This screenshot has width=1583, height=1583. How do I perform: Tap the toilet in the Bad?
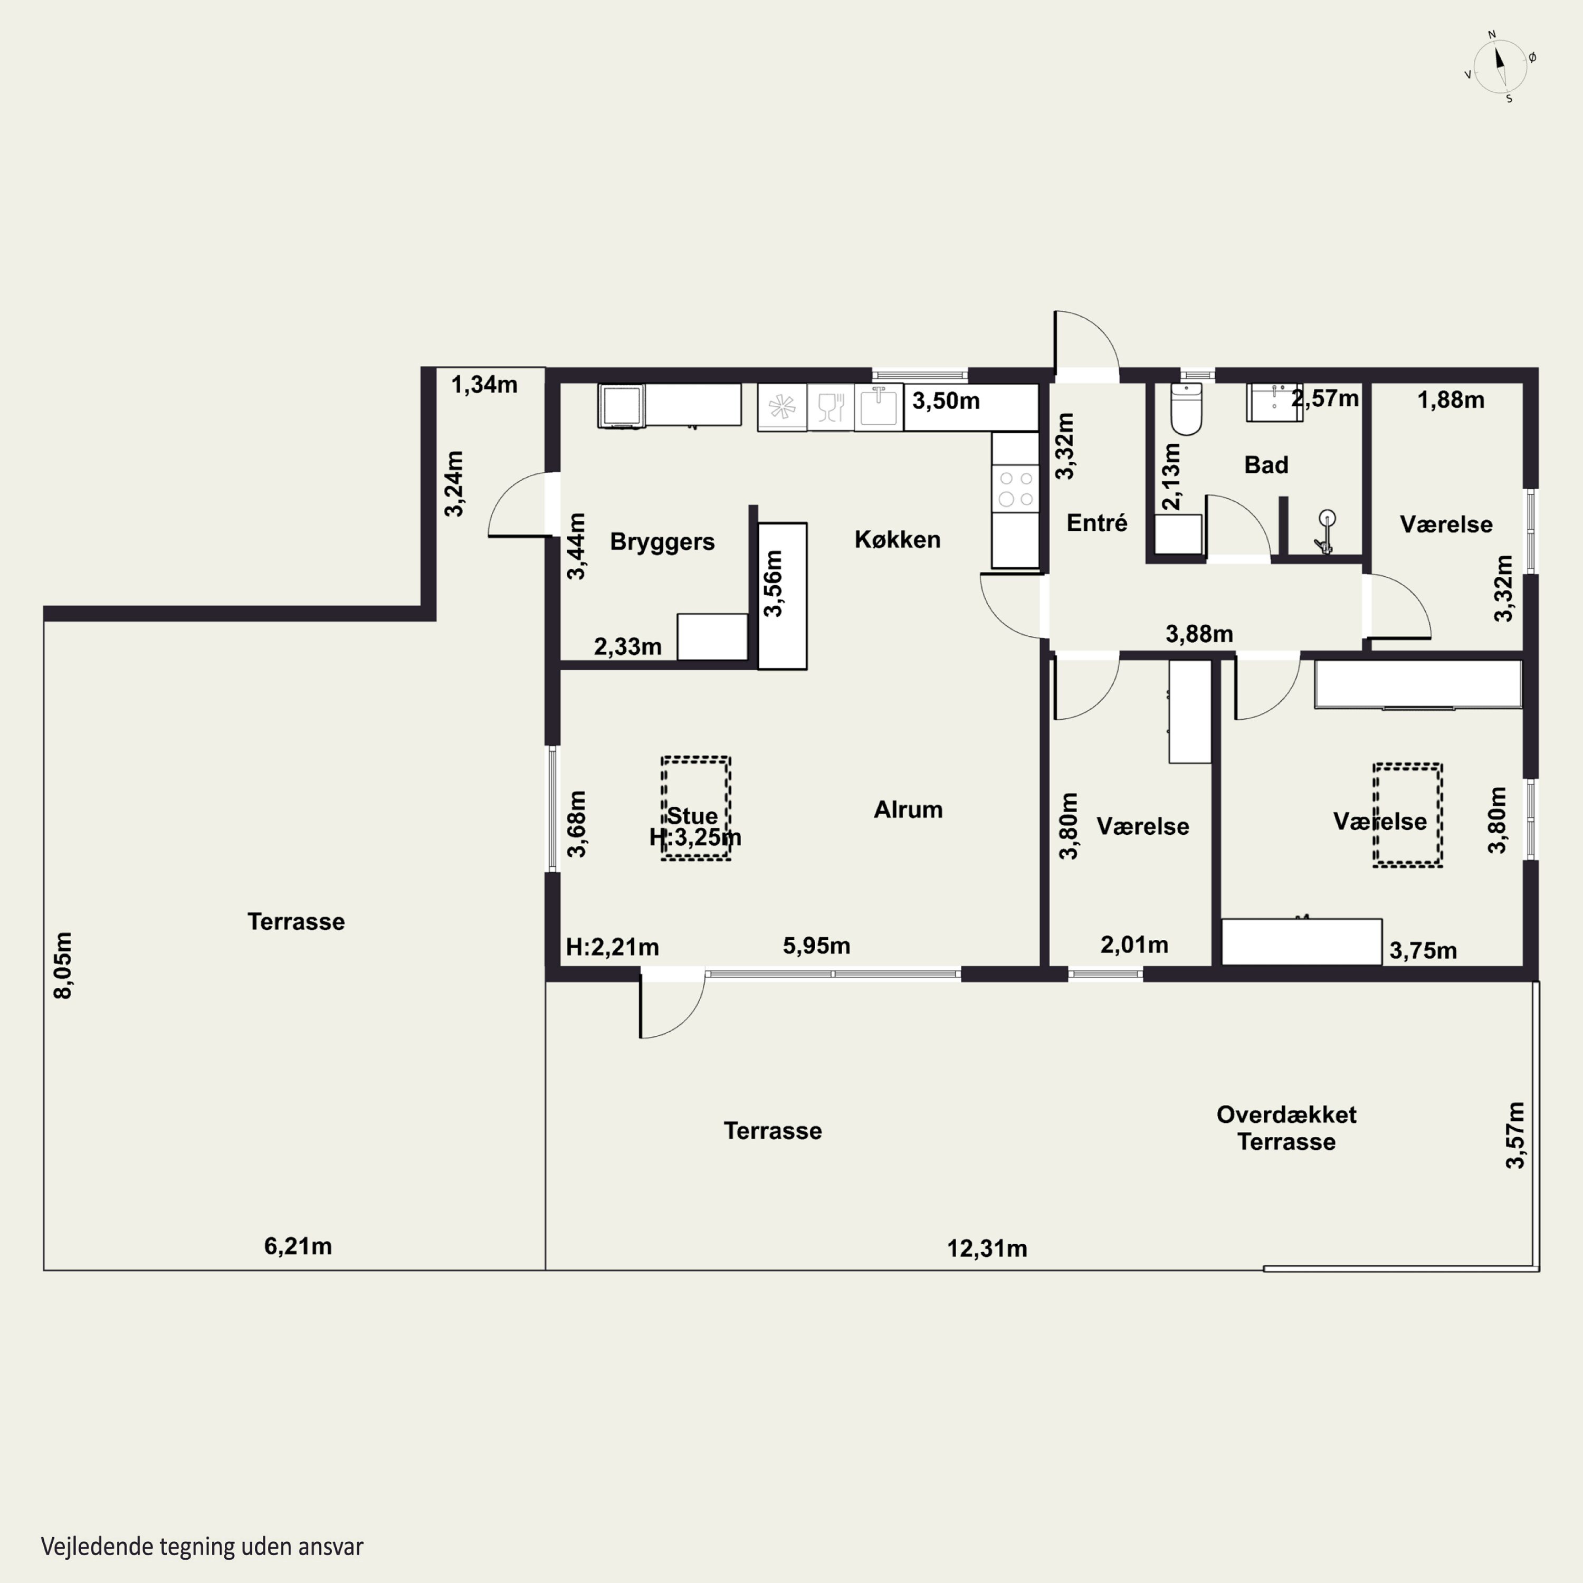[x=1186, y=408]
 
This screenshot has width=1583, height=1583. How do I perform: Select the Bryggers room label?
[x=662, y=541]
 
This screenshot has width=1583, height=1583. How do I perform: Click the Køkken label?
[x=897, y=539]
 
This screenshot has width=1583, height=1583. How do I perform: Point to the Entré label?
[x=1096, y=523]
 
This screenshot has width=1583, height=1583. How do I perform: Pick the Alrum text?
[x=908, y=809]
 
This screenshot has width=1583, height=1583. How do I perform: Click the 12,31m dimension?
[x=987, y=1248]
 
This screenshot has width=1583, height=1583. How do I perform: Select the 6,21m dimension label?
[x=298, y=1246]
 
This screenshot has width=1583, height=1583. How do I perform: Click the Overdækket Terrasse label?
[x=1286, y=1128]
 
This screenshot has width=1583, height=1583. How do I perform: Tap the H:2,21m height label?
[x=612, y=947]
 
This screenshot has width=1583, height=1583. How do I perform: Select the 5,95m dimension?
[x=816, y=946]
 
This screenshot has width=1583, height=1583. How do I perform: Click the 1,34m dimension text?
[x=484, y=384]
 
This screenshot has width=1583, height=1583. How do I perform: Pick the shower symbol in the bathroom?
[x=1325, y=531]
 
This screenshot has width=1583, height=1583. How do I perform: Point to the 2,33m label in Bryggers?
[x=627, y=646]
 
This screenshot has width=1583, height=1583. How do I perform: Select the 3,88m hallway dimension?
[x=1199, y=633]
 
